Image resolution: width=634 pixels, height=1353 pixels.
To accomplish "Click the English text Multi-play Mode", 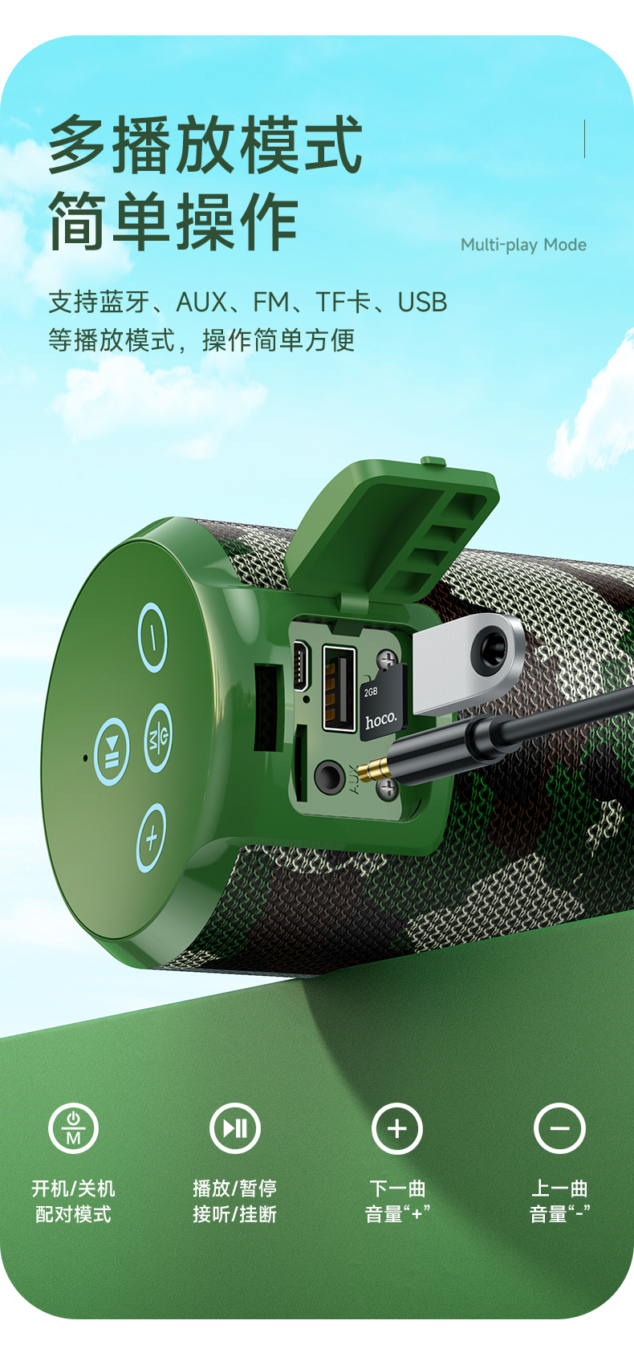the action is point(523,245).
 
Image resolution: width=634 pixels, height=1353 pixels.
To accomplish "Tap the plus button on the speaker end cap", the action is point(151,838).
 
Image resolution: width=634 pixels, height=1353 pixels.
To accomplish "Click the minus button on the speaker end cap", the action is point(152,637).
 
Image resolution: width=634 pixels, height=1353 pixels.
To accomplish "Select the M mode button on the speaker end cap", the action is point(158,737).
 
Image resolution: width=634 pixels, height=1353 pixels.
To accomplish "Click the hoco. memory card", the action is point(382,703).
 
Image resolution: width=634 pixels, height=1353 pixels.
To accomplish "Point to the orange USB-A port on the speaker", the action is point(339,688).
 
